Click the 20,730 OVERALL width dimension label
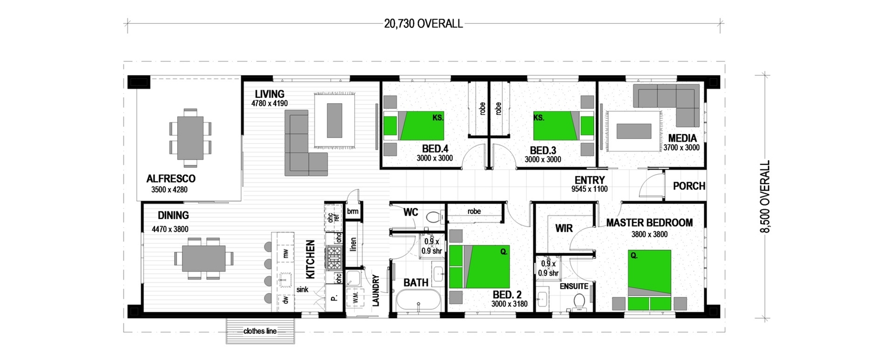tap(423, 24)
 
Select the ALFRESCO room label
tap(171, 178)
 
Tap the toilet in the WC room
tap(433, 217)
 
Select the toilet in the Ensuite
tap(579, 301)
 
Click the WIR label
tap(565, 227)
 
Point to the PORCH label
tap(689, 186)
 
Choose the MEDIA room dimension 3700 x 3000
tap(681, 148)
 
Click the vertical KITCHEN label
tap(311, 259)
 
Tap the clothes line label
tap(260, 332)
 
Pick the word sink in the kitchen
tap(302, 289)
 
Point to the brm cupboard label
tap(353, 211)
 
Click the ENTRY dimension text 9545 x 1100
tap(589, 189)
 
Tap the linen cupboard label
tap(353, 245)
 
